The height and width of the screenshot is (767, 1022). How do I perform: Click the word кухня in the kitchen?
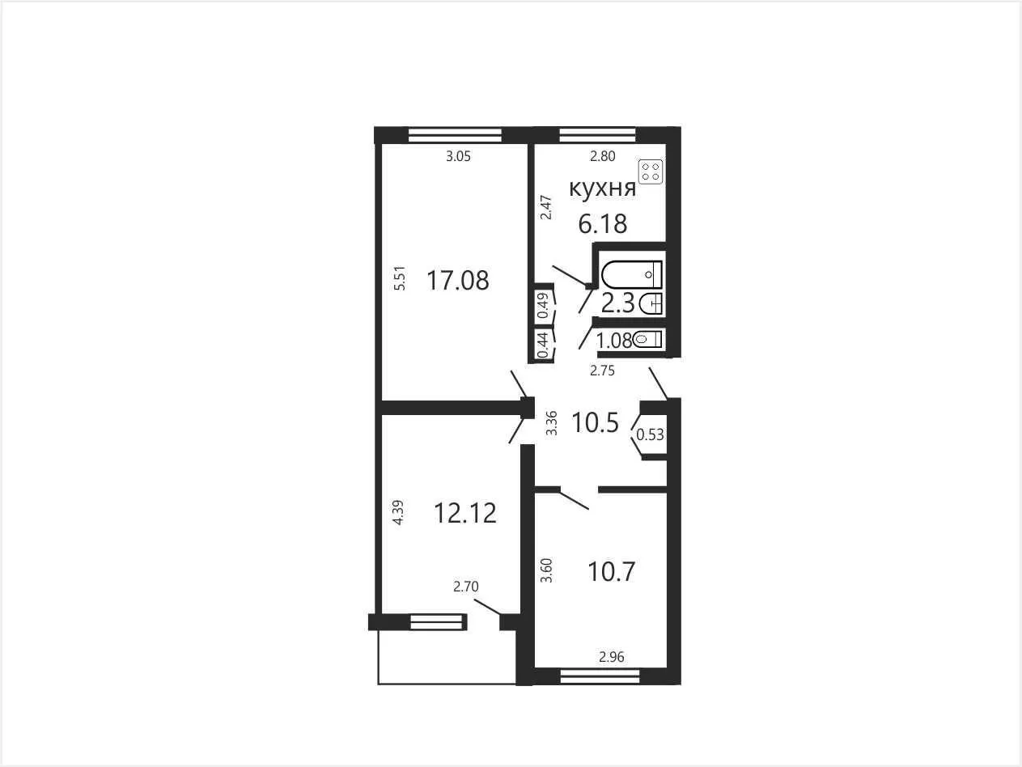603,189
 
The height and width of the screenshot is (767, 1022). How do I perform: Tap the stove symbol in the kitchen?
651,172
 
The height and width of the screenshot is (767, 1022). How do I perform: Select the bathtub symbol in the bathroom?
631,274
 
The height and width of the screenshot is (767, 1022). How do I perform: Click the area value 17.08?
458,281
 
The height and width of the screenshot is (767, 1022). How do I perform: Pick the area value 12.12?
465,513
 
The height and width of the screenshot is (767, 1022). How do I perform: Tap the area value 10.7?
611,571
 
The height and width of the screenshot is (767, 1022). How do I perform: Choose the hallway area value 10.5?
595,423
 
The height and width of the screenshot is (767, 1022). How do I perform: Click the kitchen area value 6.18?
603,224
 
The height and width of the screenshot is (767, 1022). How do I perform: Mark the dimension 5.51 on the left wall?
400,278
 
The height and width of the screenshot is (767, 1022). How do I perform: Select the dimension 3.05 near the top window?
459,156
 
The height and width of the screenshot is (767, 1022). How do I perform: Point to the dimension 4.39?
398,512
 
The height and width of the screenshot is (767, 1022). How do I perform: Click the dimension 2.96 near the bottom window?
611,657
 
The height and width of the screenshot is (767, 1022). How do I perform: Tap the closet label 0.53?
650,434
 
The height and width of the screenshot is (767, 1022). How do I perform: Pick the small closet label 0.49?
543,305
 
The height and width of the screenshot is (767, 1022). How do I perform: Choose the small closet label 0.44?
543,345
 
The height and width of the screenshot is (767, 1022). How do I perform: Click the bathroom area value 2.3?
618,304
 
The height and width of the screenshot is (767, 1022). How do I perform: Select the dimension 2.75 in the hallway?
603,371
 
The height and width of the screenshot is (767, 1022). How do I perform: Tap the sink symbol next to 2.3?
651,304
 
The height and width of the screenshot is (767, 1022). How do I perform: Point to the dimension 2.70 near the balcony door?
465,587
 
